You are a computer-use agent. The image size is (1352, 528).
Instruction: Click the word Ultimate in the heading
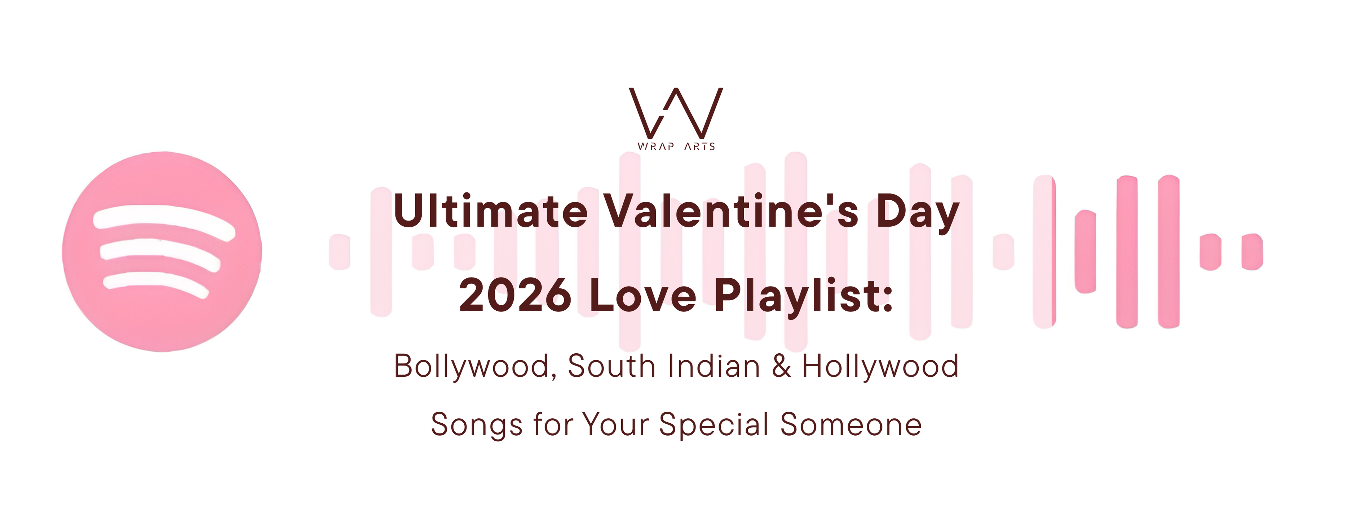coord(490,211)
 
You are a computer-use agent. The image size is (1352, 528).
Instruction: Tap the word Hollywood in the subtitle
coord(880,366)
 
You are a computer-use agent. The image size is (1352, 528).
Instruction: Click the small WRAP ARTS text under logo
coord(676,147)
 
